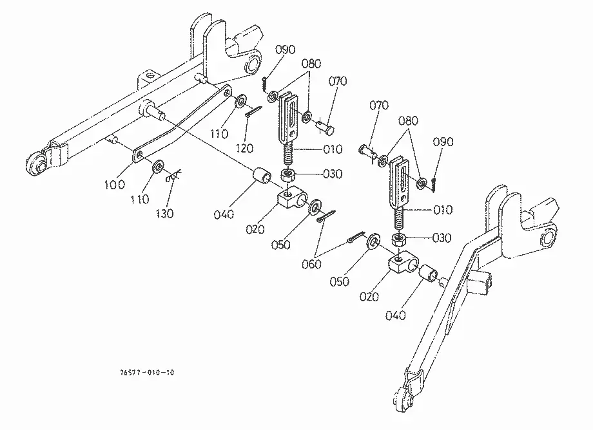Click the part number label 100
114,185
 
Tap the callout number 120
244,148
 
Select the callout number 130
164,214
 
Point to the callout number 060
311,265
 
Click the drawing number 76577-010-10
147,373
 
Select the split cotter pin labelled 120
253,112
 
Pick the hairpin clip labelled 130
173,176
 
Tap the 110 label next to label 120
219,134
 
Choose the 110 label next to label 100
140,199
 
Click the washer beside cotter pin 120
240,102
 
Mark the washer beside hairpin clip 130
157,166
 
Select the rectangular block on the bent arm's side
480,283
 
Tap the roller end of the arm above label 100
35,164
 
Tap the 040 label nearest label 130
224,214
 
